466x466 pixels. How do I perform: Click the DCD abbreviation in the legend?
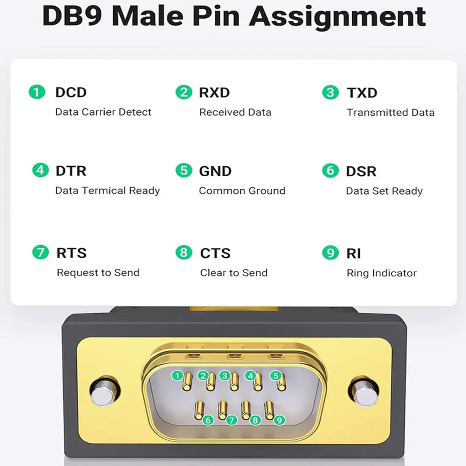click(71, 92)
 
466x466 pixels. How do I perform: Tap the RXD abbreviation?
click(214, 92)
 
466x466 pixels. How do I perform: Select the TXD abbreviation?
click(362, 92)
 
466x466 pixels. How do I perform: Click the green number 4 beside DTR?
click(40, 170)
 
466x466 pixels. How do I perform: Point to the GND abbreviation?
click(215, 171)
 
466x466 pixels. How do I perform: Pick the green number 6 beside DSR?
click(330, 171)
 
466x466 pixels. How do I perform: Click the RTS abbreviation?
click(71, 253)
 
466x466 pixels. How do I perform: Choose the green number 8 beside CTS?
click(184, 253)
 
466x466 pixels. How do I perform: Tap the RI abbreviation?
click(354, 253)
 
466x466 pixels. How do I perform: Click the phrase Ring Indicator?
click(381, 273)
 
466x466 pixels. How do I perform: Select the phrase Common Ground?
click(242, 191)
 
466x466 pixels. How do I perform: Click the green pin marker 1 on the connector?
click(177, 375)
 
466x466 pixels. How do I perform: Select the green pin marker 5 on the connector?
click(276, 375)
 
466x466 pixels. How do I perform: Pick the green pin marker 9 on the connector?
click(279, 420)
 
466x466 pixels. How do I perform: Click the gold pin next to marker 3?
click(234, 382)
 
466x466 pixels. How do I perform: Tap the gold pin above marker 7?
click(222, 409)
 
